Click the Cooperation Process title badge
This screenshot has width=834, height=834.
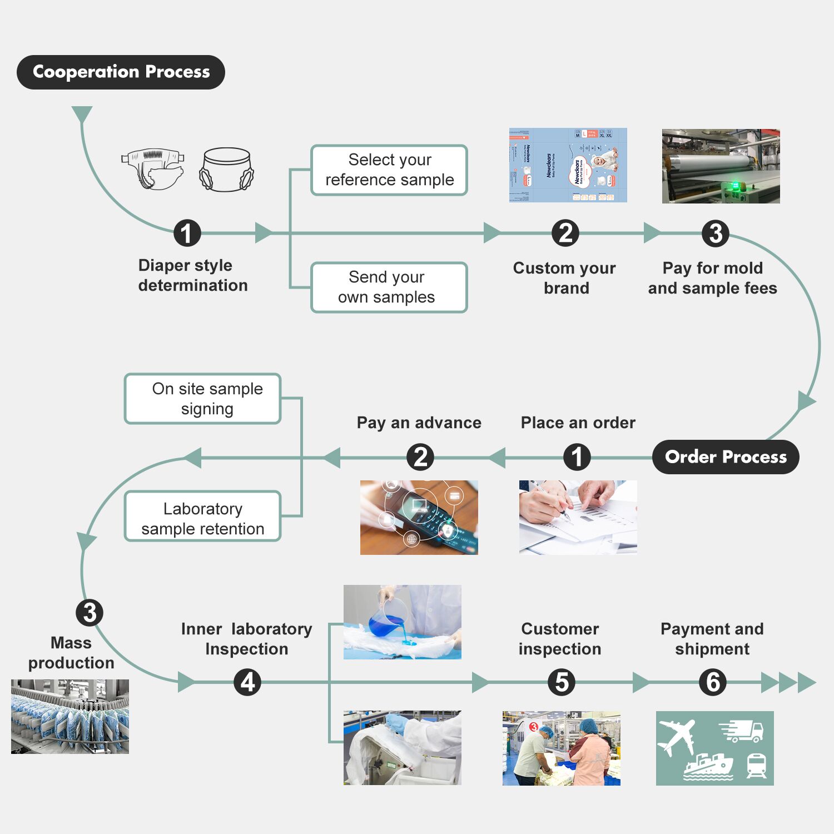tap(121, 72)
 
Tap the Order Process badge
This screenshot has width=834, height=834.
tap(725, 457)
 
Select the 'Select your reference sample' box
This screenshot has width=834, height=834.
tap(389, 170)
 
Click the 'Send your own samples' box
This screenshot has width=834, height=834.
tap(389, 287)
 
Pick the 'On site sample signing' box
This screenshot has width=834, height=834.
tap(203, 399)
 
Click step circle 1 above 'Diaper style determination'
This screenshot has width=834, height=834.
tap(187, 233)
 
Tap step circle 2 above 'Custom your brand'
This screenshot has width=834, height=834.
tap(565, 233)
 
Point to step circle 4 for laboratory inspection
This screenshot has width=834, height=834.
tap(248, 682)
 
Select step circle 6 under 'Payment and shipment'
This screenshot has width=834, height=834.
tap(713, 682)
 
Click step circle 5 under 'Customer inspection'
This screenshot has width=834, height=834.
tap(562, 682)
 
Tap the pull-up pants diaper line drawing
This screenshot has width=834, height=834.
tap(227, 170)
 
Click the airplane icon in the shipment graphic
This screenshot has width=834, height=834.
tap(677, 737)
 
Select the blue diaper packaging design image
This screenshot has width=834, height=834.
tap(568, 166)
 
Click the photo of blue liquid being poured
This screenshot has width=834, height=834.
tap(402, 622)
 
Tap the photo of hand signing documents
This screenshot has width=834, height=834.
tap(578, 518)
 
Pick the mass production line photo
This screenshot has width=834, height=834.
tap(70, 717)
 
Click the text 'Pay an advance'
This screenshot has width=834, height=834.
tap(419, 423)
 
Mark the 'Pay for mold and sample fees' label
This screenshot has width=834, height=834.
tap(712, 278)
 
